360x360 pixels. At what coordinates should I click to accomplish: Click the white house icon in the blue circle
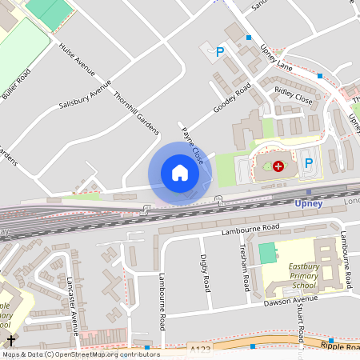point(180,173)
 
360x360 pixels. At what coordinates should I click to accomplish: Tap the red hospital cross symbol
point(278,166)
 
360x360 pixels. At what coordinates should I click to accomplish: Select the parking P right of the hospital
point(309,162)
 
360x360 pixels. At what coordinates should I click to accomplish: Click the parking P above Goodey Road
point(220,52)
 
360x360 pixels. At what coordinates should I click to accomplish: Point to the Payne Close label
point(192,146)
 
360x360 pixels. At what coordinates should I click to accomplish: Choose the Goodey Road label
point(232,98)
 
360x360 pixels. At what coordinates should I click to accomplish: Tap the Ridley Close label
point(294,95)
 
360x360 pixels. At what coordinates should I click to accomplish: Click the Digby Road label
point(205,272)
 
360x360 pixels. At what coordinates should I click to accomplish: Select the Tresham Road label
point(246,267)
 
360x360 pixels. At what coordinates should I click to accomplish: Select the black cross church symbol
point(10,340)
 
